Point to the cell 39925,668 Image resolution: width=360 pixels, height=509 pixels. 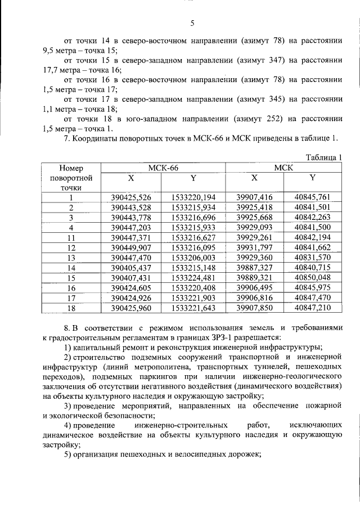point(254,217)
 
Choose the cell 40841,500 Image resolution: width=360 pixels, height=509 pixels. point(313,227)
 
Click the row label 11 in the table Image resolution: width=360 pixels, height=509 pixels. point(71,237)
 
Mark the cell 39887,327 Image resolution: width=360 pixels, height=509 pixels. point(254,268)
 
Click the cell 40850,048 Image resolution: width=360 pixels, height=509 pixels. point(313,278)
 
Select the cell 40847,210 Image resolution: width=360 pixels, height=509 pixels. point(313,308)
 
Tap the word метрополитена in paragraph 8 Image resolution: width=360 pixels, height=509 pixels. point(155,373)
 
